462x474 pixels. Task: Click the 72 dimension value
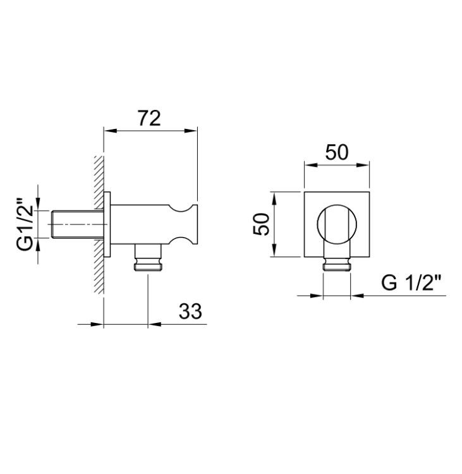coord(149,118)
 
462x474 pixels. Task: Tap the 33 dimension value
coord(190,311)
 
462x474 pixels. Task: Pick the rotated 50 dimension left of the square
coord(261,224)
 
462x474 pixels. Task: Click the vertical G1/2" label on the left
coord(25,224)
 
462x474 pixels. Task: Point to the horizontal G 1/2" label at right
coord(411,283)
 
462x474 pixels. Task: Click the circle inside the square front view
coord(337,224)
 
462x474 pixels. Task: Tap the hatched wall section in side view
coord(99,224)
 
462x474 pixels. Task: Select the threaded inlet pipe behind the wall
coord(77,224)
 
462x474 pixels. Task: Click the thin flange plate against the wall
coord(107,224)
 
